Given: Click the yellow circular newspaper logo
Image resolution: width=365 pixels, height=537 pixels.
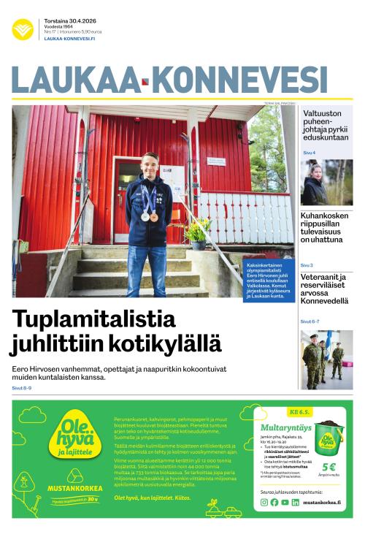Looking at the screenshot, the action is [x=23, y=29].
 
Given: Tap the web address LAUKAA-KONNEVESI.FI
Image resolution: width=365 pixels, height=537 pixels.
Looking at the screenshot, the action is [x=69, y=39].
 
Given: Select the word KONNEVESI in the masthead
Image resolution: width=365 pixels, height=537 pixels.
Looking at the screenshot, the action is [x=239, y=80].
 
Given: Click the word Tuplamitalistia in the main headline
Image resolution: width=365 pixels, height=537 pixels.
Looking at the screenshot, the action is [x=94, y=320].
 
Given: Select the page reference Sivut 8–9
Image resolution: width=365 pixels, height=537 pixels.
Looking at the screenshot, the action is [x=22, y=388].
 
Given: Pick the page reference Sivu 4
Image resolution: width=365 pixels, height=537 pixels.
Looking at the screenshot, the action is [x=309, y=152].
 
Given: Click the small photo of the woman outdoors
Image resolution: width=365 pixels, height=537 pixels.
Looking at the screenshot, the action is [x=326, y=183].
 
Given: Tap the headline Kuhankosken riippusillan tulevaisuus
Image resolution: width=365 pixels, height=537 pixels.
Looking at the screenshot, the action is [x=326, y=227].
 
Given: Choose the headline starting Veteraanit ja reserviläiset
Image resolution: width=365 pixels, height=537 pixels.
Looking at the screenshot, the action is [x=326, y=289].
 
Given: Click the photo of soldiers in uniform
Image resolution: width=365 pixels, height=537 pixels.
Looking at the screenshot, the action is [x=326, y=359].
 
